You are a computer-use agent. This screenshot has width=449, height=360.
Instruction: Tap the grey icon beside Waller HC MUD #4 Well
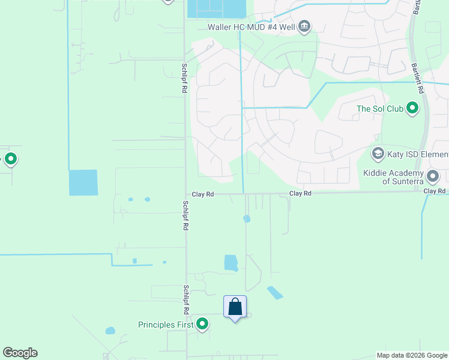[x=304, y=26]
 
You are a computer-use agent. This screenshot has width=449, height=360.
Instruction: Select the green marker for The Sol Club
[x=412, y=109]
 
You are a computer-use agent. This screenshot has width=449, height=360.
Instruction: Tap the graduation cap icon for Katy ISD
[x=378, y=153]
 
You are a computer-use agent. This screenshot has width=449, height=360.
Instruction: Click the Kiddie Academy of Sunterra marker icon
[x=433, y=176]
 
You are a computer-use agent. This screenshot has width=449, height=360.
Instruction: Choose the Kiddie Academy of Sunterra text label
[x=394, y=176]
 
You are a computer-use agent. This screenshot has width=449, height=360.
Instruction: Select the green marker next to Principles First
[x=203, y=325]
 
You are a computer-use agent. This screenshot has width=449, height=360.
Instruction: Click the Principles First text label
[x=166, y=325]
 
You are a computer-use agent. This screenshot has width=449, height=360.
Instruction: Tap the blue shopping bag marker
[x=235, y=307]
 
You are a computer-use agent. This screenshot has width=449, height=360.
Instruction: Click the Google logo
[x=20, y=353]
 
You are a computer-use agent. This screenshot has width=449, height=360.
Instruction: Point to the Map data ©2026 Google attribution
[x=412, y=355]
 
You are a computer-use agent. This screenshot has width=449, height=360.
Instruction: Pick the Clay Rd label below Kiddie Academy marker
[x=434, y=191]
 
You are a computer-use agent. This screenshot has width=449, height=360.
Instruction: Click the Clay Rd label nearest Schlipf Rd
[x=203, y=194]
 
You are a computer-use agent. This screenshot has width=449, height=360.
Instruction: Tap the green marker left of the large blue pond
[x=11, y=160]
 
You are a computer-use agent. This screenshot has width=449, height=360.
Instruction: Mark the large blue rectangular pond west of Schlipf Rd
[x=83, y=182]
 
